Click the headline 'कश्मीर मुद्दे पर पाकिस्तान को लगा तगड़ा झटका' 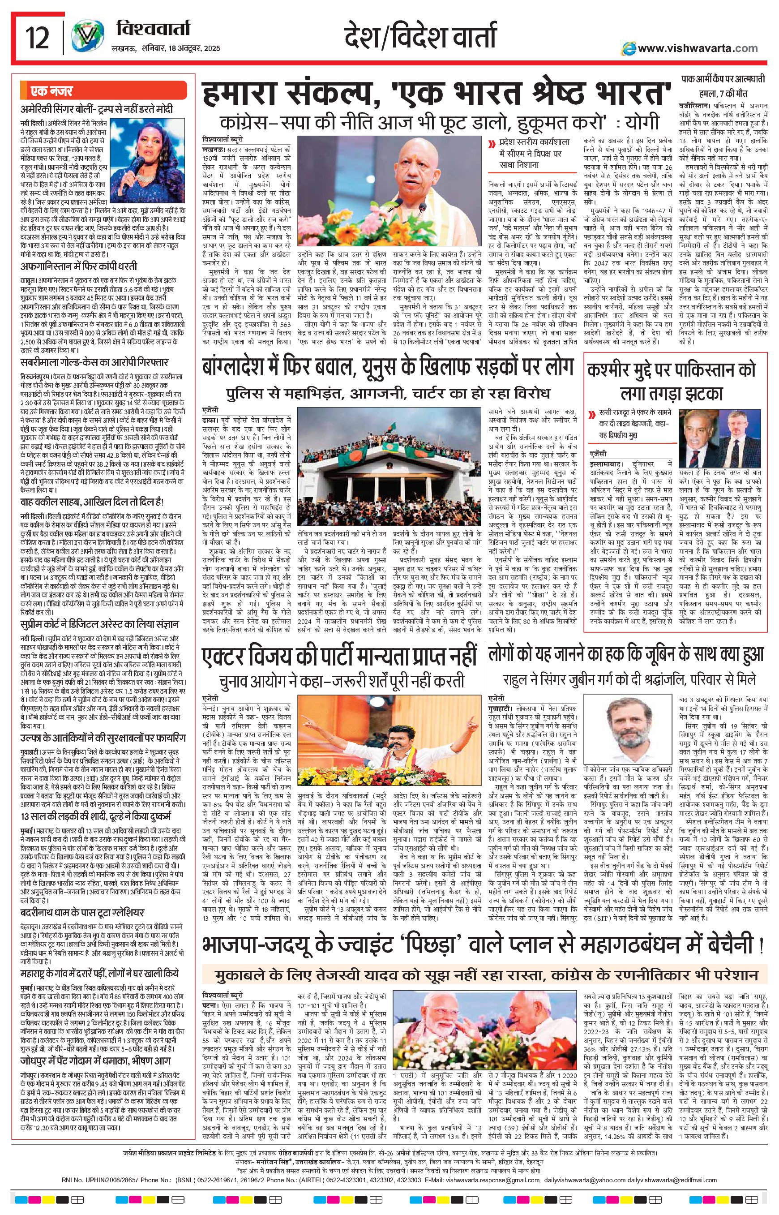(671, 382)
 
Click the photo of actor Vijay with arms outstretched (389, 741)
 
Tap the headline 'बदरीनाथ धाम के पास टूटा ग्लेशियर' (82, 912)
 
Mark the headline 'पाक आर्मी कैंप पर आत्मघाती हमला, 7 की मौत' (722, 86)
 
